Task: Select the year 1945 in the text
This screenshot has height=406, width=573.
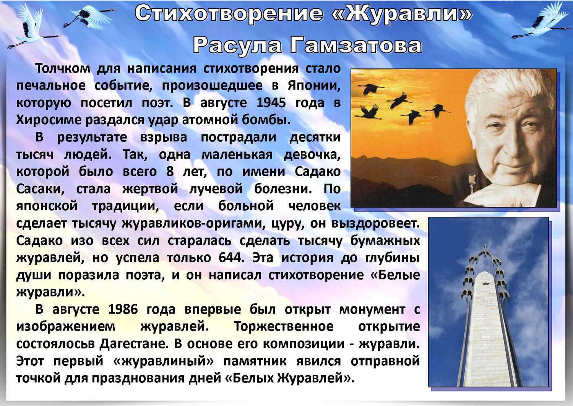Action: click(x=271, y=103)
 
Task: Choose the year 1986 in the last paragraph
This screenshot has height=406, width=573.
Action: click(x=123, y=309)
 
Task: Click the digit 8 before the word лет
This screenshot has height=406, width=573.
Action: click(x=170, y=172)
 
